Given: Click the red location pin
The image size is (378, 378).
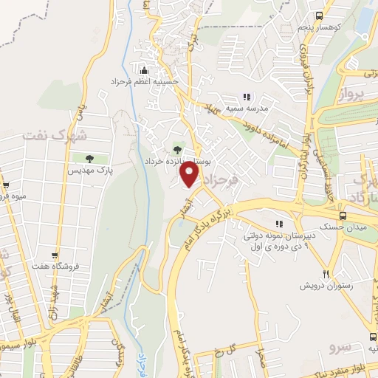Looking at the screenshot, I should click(190, 175).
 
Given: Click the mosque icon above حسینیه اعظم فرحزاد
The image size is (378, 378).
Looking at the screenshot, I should click(145, 70).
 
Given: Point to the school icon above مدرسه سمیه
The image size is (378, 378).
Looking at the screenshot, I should click(247, 97).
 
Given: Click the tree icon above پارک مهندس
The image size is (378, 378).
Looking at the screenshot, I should click(89, 159).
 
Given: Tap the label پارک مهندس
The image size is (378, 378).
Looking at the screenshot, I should click(89, 171).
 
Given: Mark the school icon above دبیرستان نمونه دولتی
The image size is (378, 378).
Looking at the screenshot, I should click(278, 224).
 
